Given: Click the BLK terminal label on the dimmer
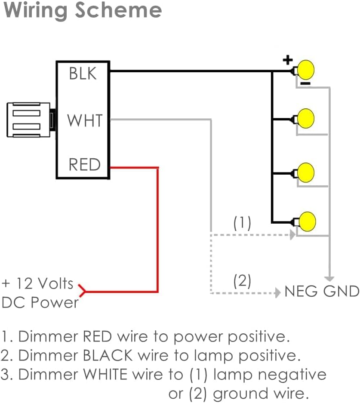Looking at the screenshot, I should click(x=83, y=74).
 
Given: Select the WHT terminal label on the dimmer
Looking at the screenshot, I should click(x=85, y=120).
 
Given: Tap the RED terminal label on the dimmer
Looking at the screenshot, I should click(x=84, y=164).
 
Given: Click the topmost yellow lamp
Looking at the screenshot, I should click(x=306, y=69).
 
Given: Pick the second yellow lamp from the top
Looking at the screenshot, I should click(x=306, y=117).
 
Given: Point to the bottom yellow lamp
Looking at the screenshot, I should click(x=307, y=221).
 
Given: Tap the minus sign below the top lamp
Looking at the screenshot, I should click(x=305, y=83).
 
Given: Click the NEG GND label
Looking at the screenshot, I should click(x=322, y=292).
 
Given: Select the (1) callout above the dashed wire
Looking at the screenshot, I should click(x=242, y=223).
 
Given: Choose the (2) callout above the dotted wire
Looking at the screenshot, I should click(x=242, y=281).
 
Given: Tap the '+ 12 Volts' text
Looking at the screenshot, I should click(x=37, y=283).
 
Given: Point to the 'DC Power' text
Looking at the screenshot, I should click(x=40, y=302).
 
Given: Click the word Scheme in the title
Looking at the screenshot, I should click(x=118, y=10).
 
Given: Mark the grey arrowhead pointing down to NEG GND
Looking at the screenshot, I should click(x=329, y=278).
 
